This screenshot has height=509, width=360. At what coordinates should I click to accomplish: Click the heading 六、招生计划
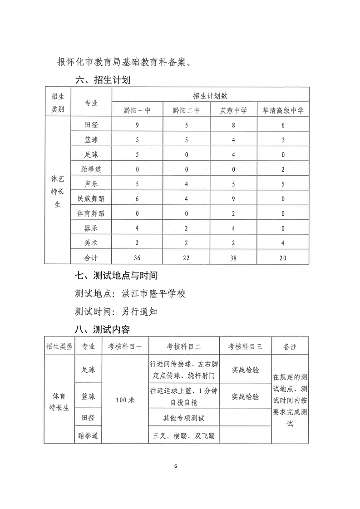point(104,80)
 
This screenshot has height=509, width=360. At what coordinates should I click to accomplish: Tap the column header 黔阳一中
point(138,110)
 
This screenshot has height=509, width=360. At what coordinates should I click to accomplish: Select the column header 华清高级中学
point(283,110)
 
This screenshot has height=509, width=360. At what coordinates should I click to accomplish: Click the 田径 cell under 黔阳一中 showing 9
point(138,125)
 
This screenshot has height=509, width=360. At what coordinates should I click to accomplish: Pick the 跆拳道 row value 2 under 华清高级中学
point(283,169)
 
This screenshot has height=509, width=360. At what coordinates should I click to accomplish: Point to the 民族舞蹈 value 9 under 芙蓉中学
point(233,198)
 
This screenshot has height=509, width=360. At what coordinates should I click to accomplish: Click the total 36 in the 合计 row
point(138,257)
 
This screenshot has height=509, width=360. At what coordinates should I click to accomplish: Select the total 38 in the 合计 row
point(233,257)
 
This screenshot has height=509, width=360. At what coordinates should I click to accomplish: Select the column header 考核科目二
point(184,346)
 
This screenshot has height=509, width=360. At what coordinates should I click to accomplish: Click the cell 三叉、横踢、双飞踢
point(184,436)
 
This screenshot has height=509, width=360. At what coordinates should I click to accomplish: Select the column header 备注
point(290,346)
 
